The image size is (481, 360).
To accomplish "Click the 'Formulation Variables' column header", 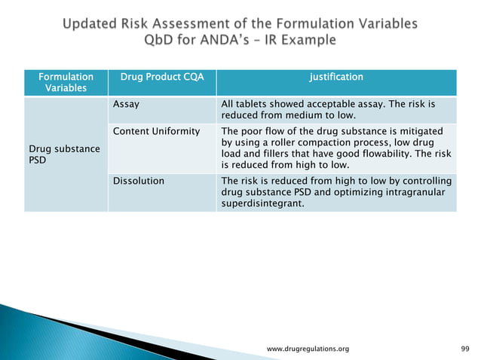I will [x=66, y=83].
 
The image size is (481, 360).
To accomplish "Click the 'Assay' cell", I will [x=124, y=105].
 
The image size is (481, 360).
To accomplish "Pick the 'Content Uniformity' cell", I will [x=155, y=132].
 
